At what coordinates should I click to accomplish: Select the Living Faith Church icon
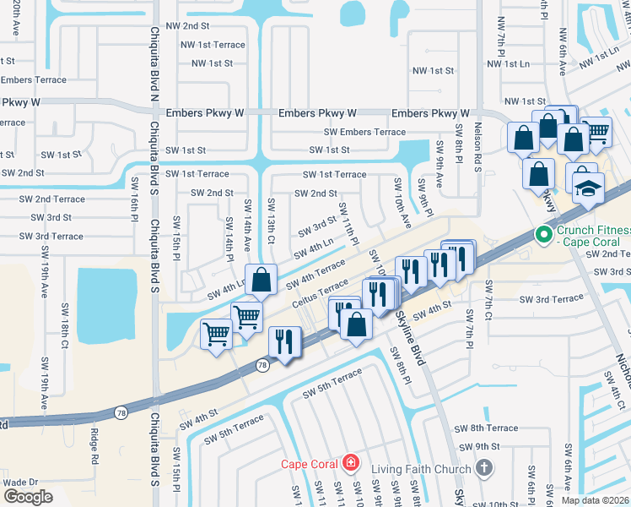[483, 467]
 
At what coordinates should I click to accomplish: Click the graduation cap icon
[585, 189]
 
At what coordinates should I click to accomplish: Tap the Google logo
[28, 496]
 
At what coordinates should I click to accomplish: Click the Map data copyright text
[596, 500]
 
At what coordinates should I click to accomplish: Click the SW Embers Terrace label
[365, 132]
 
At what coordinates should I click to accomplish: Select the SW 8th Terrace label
[486, 428]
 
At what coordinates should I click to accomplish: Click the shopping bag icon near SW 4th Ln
[262, 279]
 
